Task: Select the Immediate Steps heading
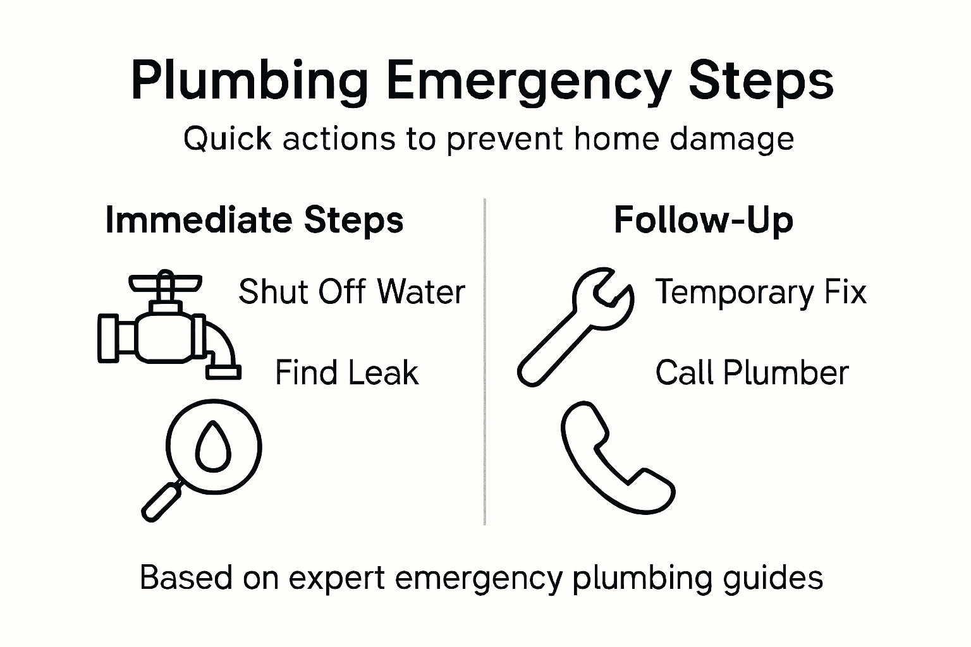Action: coord(254,221)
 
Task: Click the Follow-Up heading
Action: coord(703,221)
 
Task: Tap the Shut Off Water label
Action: coord(351,292)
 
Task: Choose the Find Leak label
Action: coord(346,373)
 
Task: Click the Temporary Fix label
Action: coord(760,293)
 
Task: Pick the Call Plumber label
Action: coord(752,373)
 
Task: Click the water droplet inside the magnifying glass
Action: coord(213,446)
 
